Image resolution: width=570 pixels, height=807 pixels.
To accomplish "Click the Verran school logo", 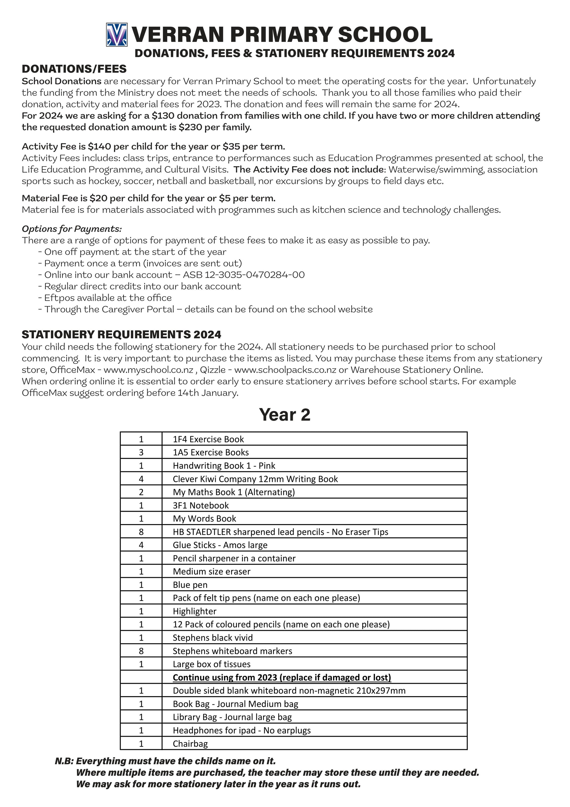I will coord(117,35).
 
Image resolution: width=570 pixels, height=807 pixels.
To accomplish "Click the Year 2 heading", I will coord(284,415).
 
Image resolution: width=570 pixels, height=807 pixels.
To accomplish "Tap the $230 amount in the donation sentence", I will coord(190,127).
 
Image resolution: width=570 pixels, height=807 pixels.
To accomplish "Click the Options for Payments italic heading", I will coord(72,229).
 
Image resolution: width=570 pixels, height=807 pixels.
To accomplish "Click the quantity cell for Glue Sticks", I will coord(141,545).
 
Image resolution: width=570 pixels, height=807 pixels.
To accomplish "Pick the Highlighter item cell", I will coord(194,611).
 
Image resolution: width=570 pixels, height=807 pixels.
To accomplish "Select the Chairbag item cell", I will coord(190,743).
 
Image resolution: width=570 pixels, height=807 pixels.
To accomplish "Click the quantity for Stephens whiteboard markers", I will coord(141,651).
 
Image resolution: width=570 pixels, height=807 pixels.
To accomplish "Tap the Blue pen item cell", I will coord(190,585).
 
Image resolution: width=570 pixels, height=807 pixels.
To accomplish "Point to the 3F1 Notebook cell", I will coord(201,505).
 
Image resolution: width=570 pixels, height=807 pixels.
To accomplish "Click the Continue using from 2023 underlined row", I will coord(282,677).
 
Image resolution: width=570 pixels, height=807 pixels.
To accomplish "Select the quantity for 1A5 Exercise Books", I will coord(141,452).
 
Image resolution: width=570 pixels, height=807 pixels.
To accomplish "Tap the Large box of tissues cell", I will coord(211,664).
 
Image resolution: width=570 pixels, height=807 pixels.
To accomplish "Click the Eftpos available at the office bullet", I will coord(107,298).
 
